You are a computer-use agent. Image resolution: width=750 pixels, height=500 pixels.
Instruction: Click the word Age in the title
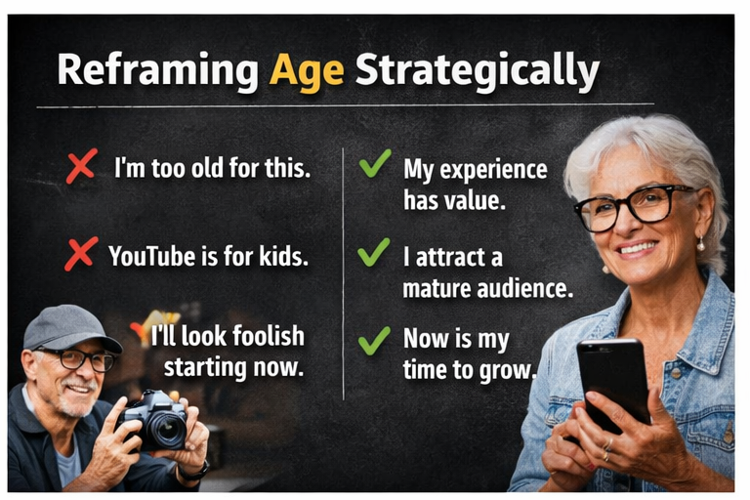(307, 71)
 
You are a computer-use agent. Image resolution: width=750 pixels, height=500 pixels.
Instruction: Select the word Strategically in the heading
(477, 72)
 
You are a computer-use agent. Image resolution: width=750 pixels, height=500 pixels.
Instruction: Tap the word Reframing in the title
(157, 72)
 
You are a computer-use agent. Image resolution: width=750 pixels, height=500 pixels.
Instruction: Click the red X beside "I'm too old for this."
(80, 166)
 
